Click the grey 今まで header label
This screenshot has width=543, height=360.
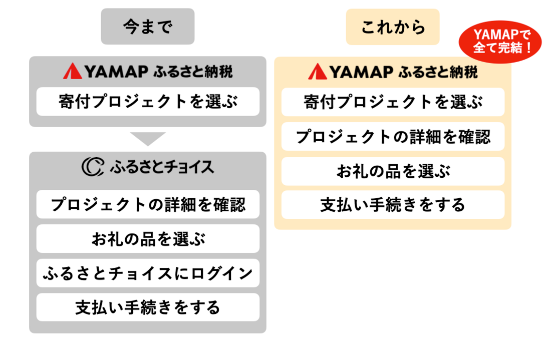pos(147,27)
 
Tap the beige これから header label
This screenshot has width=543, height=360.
pos(393,27)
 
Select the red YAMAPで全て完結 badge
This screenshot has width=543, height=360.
pos(501,42)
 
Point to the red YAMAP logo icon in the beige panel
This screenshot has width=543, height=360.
pos(317,72)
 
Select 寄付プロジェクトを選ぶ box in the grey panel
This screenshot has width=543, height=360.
pos(148,102)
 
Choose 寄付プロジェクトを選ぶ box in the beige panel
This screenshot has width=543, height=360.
pos(393,102)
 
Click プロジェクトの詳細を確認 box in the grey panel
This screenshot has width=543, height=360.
pos(148,204)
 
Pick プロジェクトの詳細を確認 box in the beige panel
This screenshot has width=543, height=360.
pos(393,136)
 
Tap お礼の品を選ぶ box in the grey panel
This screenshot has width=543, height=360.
pos(148,239)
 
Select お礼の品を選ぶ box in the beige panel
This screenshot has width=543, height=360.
pos(393,171)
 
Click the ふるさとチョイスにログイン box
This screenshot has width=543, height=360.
pos(148,273)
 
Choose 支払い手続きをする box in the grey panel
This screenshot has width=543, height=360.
pos(148,307)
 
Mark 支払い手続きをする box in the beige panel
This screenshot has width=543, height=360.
pos(393,205)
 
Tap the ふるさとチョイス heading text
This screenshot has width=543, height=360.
pos(161,167)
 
